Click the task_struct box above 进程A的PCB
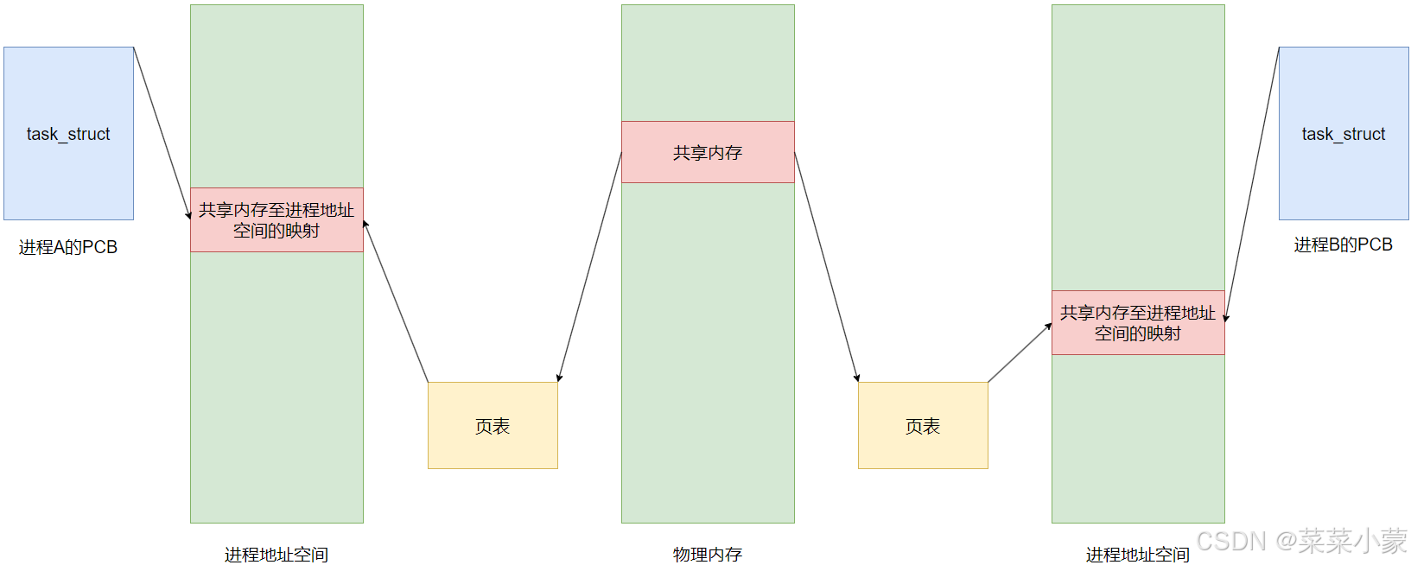pyautogui.click(x=68, y=134)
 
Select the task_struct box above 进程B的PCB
pyautogui.click(x=1344, y=134)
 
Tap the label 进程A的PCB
pyautogui.click(x=68, y=247)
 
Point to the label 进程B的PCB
pyautogui.click(x=1343, y=244)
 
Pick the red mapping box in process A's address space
pyautogui.click(x=276, y=220)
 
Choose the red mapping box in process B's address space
pyautogui.click(x=1138, y=323)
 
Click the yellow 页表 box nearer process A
pyautogui.click(x=493, y=426)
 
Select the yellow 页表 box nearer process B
pyautogui.click(x=923, y=426)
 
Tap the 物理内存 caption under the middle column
pyautogui.click(x=708, y=555)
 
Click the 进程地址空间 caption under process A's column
pyautogui.click(x=276, y=555)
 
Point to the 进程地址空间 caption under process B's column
pyautogui.click(x=1138, y=555)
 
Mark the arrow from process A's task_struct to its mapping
pyautogui.click(x=162, y=134)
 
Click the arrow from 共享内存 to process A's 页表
pyautogui.click(x=590, y=267)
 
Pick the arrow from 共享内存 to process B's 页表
pyautogui.click(x=826, y=267)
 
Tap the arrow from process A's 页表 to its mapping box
pyautogui.click(x=396, y=302)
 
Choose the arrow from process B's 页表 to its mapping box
pyautogui.click(x=1020, y=352)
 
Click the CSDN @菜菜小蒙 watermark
pyautogui.click(x=1301, y=542)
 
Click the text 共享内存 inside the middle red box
pyautogui.click(x=708, y=153)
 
